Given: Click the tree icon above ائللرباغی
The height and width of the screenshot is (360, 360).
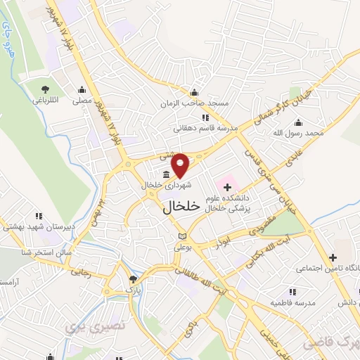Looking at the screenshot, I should (45, 89).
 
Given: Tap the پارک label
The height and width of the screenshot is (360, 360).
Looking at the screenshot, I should (129, 288).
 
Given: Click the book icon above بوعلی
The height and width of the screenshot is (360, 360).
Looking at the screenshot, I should (183, 236).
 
